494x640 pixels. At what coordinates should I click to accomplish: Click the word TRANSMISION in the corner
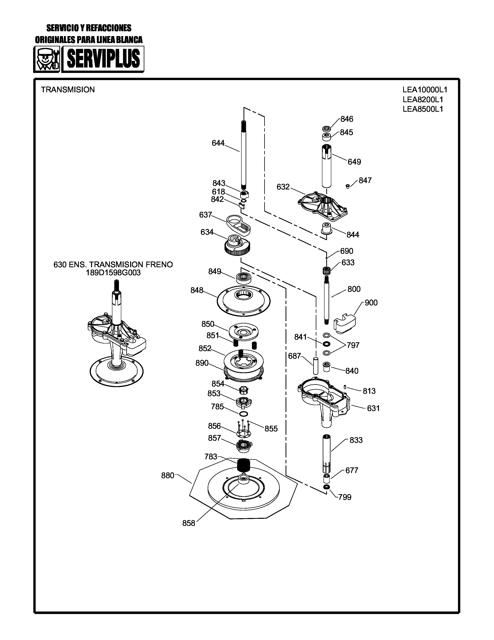coord(68,90)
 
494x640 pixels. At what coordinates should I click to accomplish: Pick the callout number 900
coord(371,303)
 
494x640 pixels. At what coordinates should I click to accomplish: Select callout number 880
coord(168,475)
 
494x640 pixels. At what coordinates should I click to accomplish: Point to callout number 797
coord(353,345)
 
